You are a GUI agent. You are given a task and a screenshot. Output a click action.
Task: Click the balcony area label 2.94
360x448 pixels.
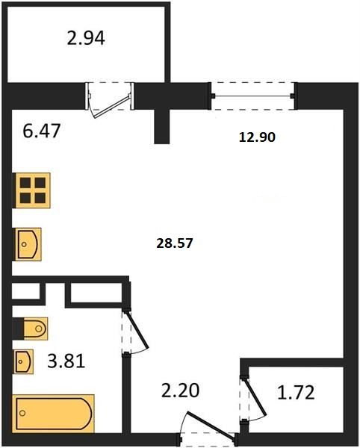[86, 38]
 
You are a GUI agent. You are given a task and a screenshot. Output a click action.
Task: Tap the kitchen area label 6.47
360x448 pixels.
[41, 131]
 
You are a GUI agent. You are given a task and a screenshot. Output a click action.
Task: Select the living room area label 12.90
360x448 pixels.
[257, 137]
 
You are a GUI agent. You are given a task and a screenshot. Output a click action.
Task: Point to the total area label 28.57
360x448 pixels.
[175, 243]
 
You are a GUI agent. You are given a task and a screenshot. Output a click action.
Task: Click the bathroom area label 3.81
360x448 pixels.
[66, 361]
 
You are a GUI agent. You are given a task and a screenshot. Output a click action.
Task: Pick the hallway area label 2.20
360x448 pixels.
[180, 391]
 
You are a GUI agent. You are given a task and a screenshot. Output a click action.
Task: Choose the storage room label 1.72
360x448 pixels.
[296, 393]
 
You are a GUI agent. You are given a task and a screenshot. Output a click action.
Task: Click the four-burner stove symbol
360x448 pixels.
[33, 190]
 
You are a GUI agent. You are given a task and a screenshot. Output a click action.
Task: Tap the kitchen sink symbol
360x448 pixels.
[28, 244]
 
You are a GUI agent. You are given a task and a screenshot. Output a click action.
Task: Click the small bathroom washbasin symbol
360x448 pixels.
[24, 361]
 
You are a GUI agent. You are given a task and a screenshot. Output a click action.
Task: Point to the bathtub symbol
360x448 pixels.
[54, 414]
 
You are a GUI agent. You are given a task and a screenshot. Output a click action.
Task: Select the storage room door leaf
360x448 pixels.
[256, 398]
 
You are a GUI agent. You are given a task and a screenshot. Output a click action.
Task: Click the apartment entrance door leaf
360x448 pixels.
[211, 425]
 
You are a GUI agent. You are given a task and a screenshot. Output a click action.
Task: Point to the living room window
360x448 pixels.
[252, 96]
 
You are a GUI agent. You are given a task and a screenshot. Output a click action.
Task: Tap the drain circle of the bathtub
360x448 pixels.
[22, 413]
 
